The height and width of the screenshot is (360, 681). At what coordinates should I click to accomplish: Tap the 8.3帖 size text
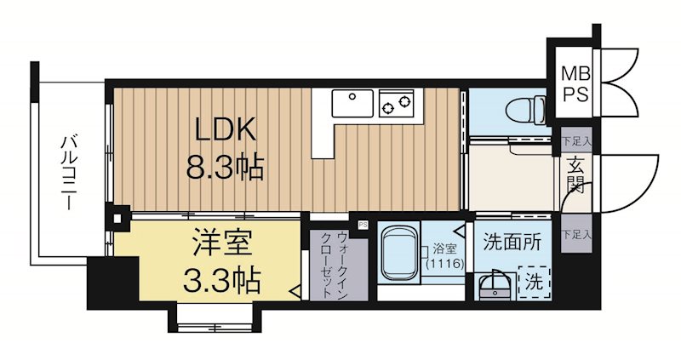tap(226, 166)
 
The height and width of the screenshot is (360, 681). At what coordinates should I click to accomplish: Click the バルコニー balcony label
tap(68, 171)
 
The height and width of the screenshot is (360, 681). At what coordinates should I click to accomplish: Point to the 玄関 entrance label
tap(575, 177)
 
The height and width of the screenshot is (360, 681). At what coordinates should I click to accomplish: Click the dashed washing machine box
tap(534, 280)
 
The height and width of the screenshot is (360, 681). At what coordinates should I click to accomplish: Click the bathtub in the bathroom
tap(396, 254)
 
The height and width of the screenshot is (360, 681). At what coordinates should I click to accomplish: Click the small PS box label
tap(362, 225)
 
